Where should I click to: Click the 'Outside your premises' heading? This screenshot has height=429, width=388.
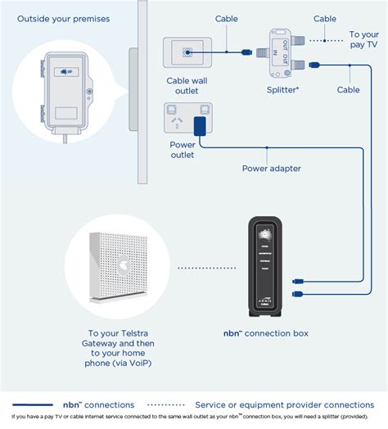pyautogui.click(x=63, y=18)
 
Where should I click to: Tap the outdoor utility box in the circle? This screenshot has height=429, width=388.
pyautogui.click(x=64, y=90)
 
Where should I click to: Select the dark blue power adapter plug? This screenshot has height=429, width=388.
pyautogui.click(x=199, y=124)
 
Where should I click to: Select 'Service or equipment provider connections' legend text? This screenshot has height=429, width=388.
pyautogui.click(x=284, y=404)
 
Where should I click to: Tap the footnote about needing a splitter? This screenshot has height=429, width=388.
pyautogui.click(x=193, y=421)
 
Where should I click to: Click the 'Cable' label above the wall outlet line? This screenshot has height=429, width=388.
pyautogui.click(x=227, y=19)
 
